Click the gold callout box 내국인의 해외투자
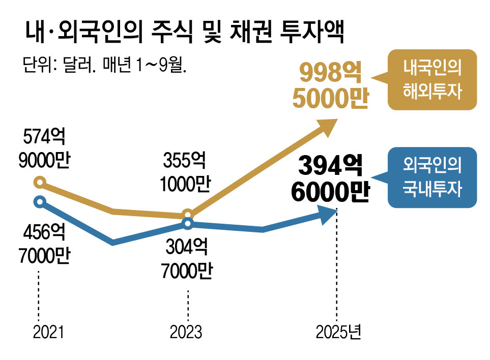[432, 79]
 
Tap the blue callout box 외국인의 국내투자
[432, 177]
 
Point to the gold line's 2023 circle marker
[187, 214]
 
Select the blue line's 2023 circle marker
[188, 224]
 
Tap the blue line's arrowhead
[328, 214]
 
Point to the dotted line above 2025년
[336, 269]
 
